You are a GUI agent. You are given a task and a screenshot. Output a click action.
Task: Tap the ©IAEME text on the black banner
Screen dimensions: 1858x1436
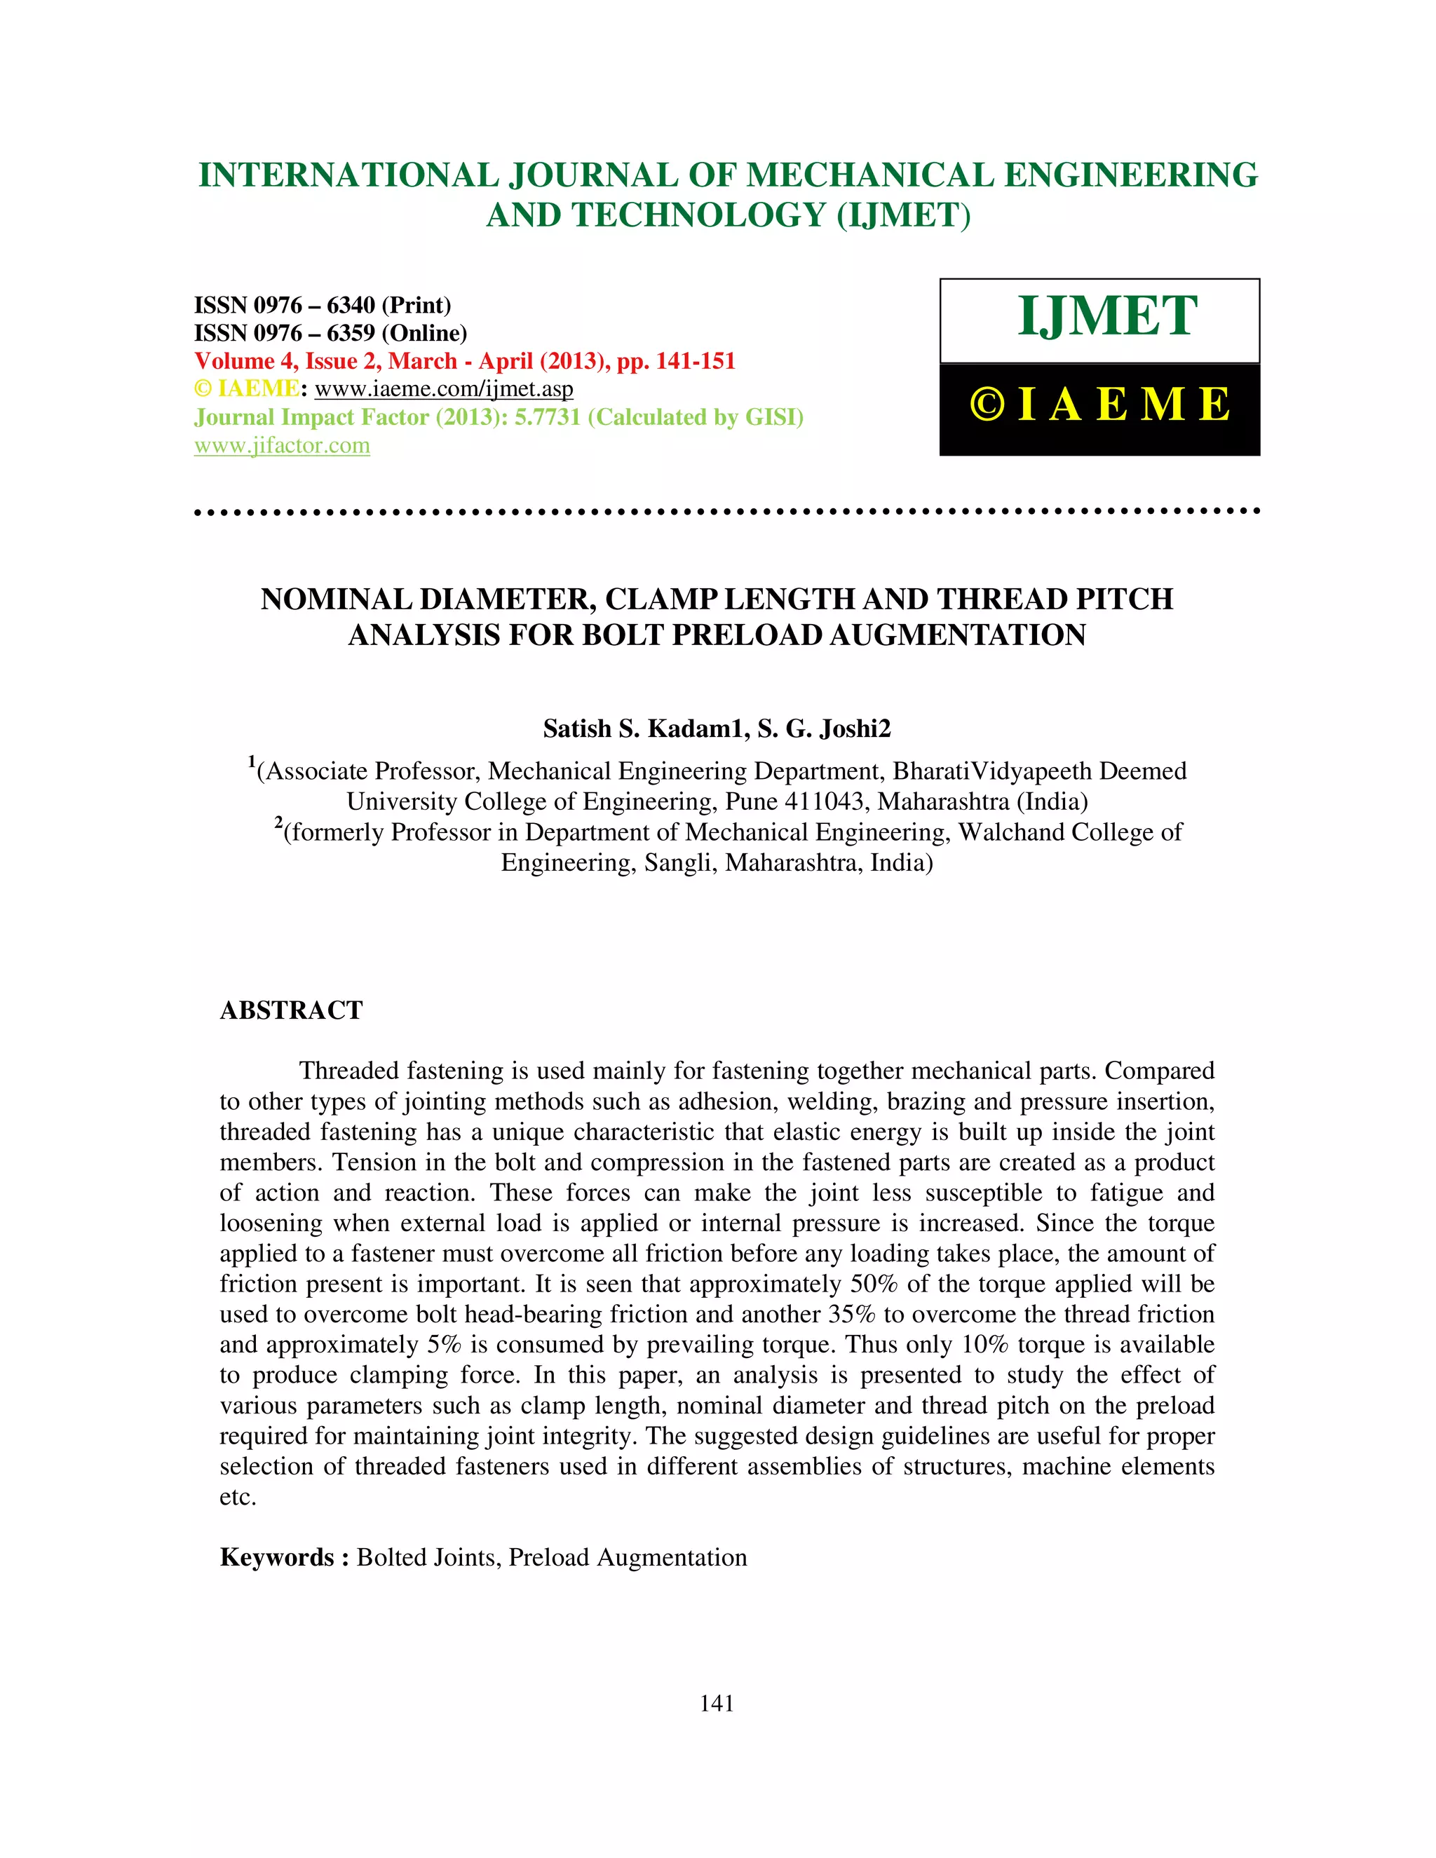(1099, 405)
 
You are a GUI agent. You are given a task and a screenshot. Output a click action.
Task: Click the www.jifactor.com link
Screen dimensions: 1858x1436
(282, 446)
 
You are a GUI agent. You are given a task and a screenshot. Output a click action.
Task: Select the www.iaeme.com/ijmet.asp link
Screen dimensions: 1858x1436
(443, 390)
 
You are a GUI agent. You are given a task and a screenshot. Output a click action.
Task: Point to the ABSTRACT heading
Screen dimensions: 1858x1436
(291, 1010)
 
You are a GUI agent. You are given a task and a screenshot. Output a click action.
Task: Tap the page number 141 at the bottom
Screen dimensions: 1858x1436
(717, 1703)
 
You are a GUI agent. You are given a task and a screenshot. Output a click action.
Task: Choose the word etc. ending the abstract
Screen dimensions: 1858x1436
(238, 1498)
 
